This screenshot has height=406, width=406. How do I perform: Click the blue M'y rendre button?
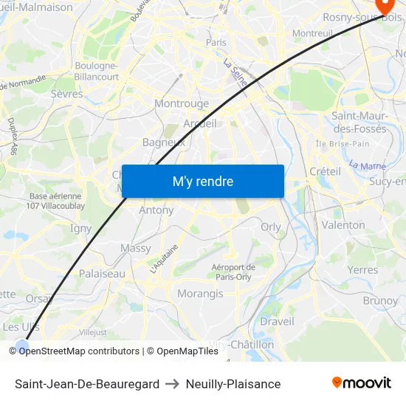[202, 181]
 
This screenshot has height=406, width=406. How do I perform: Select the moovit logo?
[362, 383]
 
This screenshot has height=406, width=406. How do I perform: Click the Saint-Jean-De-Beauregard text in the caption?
[87, 384]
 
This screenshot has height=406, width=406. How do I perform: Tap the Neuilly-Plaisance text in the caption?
[233, 384]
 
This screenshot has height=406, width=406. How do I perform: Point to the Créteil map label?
[325, 171]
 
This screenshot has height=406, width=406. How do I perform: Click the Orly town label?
[271, 227]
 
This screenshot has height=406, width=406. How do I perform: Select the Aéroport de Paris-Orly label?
[233, 272]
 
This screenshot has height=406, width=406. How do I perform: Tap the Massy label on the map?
[135, 249]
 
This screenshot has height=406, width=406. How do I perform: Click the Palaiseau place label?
[102, 273]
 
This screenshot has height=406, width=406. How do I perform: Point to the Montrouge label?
[182, 104]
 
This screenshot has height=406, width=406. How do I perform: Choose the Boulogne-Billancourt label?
[97, 71]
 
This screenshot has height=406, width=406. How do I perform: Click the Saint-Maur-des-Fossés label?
[359, 122]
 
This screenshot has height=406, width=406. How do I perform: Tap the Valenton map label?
[343, 225]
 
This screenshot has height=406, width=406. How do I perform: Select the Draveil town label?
[277, 321]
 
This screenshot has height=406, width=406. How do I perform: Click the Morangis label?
[200, 294]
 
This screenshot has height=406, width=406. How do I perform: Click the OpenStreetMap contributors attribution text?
[79, 351]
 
